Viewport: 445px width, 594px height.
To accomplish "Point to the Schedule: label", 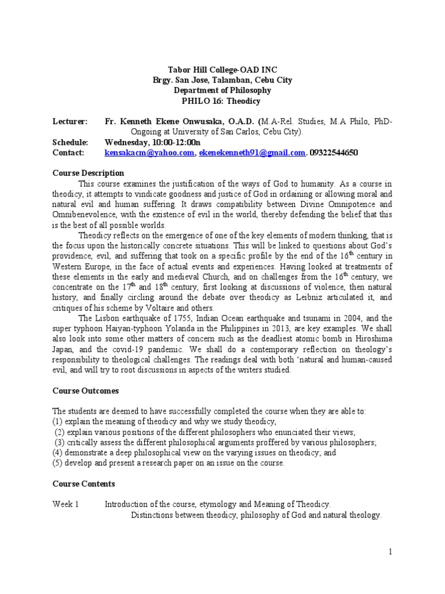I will pyautogui.click(x=71, y=143).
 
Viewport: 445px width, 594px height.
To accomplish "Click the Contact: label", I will pyautogui.click(x=68, y=153).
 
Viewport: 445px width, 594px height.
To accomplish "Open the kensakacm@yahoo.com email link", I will pyautogui.click(x=149, y=153).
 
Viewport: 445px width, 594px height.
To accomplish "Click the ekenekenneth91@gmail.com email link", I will pyautogui.click(x=252, y=153).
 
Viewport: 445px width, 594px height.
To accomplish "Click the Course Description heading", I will pyautogui.click(x=88, y=173).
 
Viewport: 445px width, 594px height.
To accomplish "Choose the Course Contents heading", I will pyautogui.click(x=83, y=484).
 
